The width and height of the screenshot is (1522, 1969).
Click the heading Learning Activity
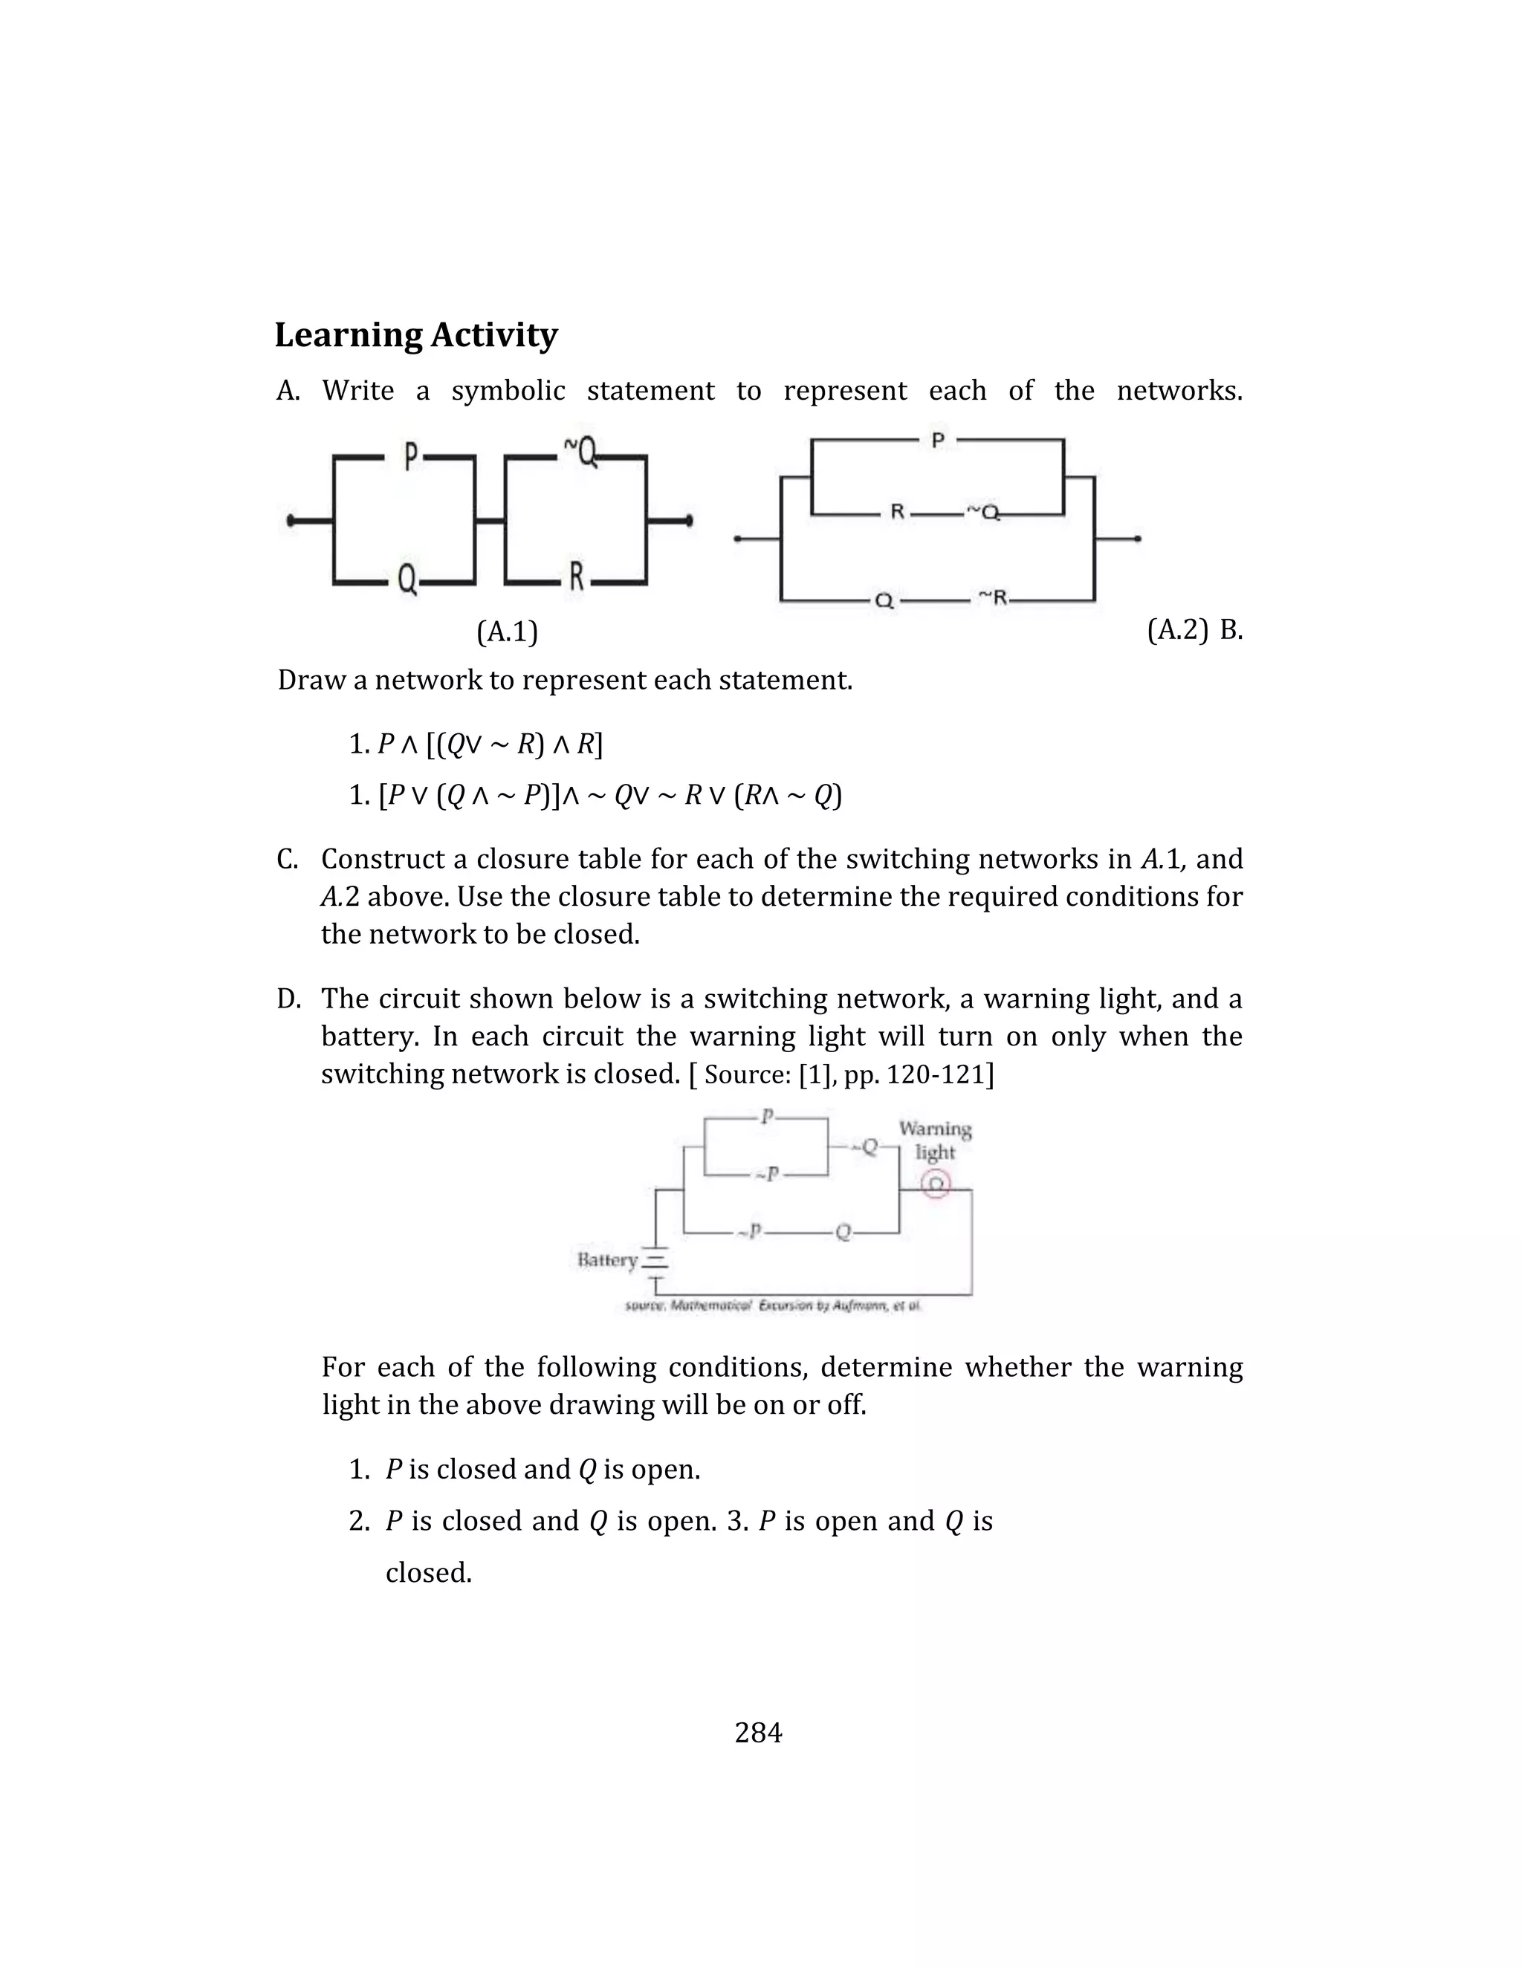(x=415, y=334)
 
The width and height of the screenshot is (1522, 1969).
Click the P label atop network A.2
(x=938, y=441)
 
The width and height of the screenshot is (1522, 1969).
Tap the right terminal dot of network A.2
(x=1138, y=539)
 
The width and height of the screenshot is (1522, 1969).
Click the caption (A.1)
(x=507, y=632)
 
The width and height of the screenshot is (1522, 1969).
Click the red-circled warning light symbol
(x=936, y=1184)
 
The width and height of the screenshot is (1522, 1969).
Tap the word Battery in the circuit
(x=607, y=1259)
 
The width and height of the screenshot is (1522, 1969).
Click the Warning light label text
(x=935, y=1141)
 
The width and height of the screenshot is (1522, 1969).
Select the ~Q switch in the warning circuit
(x=866, y=1146)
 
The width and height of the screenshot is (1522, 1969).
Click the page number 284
(x=758, y=1732)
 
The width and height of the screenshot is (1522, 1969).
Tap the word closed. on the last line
(x=428, y=1572)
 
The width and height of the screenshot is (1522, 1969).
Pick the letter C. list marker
(x=288, y=859)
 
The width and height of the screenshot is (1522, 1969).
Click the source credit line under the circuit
(x=773, y=1305)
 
